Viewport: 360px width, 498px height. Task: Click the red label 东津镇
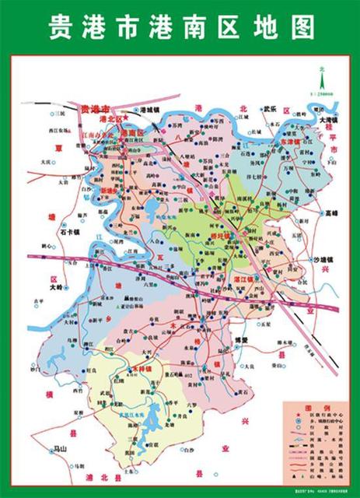tap(295, 144)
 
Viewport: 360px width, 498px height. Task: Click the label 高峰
tap(334, 212)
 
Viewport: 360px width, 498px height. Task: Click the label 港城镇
tap(151, 110)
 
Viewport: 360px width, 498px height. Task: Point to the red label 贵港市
tap(95, 108)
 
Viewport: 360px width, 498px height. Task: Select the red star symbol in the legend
tap(291, 417)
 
